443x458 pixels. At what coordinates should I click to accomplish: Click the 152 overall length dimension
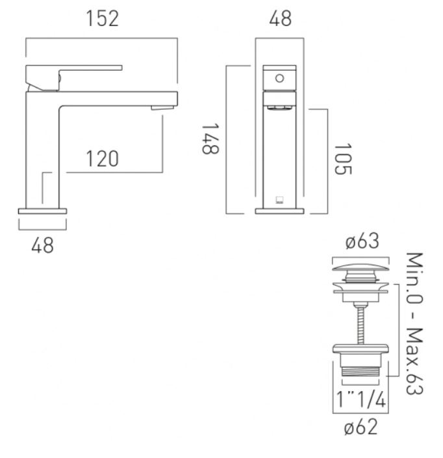103,19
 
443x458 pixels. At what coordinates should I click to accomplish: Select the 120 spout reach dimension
103,159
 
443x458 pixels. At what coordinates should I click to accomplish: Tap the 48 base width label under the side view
42,245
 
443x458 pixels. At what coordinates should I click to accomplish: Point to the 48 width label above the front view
280,19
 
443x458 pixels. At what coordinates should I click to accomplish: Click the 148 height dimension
210,139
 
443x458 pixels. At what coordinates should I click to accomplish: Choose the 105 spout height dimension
342,159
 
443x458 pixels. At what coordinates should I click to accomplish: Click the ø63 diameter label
362,241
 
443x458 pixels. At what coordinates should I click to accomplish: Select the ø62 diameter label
361,427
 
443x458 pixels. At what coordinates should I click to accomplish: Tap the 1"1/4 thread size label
361,399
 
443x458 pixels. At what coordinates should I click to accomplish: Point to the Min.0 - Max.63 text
414,323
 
